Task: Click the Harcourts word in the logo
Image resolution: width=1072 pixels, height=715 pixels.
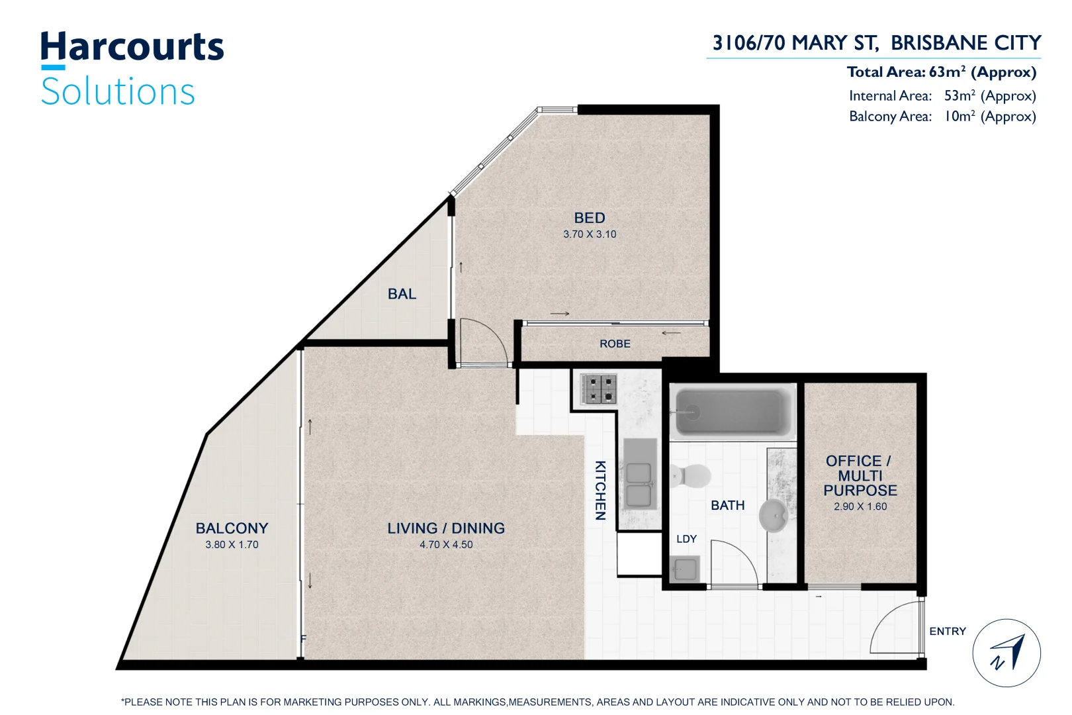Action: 132,48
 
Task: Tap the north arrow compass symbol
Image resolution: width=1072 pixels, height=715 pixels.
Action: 1006,653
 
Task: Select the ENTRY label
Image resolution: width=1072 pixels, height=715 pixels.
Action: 947,632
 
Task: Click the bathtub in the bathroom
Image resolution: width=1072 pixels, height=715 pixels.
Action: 733,412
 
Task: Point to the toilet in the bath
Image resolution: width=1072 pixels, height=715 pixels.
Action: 690,475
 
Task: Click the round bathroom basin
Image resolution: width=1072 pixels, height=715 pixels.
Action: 772,516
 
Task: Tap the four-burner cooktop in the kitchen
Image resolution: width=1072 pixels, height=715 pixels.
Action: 599,389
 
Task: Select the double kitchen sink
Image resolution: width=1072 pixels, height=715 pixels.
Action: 639,485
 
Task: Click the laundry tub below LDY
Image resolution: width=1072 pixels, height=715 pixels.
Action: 684,569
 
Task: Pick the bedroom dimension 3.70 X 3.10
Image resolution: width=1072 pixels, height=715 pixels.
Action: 590,234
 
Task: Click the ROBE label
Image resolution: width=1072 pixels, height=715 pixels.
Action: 615,344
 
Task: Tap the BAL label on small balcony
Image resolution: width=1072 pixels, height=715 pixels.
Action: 402,294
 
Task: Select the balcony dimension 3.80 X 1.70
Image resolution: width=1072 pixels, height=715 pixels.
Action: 232,545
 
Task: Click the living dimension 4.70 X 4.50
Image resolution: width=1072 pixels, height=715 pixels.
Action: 446,545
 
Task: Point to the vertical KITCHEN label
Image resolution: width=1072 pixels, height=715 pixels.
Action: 600,491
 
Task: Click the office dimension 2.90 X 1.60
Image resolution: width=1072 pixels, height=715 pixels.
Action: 860,506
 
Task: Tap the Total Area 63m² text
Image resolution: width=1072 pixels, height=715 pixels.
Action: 941,72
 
